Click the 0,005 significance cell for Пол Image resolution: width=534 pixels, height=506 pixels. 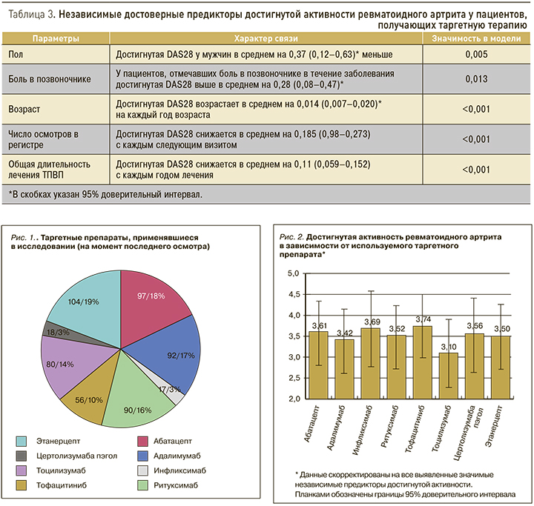click(x=472, y=54)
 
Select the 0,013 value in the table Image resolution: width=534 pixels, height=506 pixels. click(x=472, y=79)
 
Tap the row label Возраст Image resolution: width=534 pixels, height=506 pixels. click(x=25, y=109)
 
